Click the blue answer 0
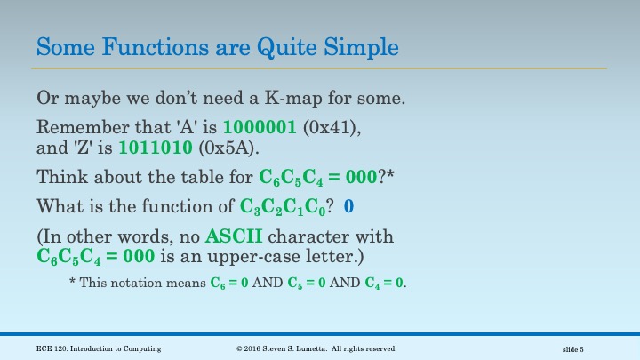(348, 207)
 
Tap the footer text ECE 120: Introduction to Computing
(99, 348)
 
